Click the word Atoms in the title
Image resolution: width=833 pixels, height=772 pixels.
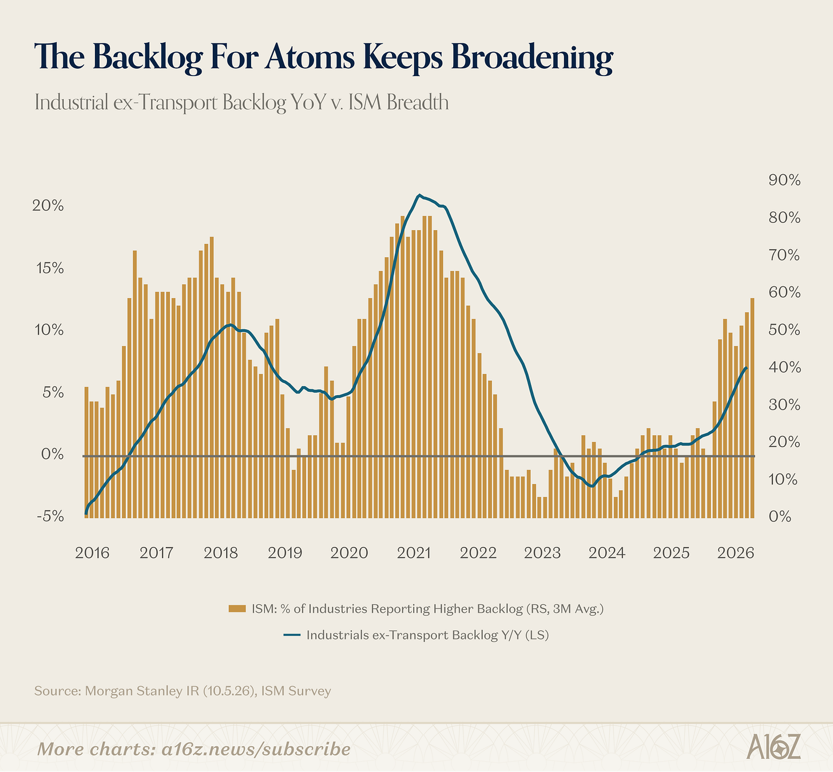[310, 56]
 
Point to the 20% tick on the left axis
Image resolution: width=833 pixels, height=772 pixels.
[48, 206]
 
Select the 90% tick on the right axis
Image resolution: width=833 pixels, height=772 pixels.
[784, 180]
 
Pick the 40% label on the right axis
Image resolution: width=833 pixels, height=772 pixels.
[784, 368]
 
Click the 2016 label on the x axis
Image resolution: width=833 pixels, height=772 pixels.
[92, 553]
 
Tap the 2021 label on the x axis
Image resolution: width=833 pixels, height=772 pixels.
[414, 553]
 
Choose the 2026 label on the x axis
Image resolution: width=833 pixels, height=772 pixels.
[736, 553]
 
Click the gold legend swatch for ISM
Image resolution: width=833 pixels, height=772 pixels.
[237, 609]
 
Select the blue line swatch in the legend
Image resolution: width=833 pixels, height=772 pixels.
[292, 635]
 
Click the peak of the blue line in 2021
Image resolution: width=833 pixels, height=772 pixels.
[419, 195]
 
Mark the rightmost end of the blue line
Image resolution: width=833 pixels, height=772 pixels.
[747, 368]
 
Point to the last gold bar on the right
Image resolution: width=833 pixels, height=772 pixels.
[752, 408]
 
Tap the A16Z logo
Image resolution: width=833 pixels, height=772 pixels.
[773, 746]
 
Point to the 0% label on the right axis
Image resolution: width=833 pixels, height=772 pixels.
[780, 516]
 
